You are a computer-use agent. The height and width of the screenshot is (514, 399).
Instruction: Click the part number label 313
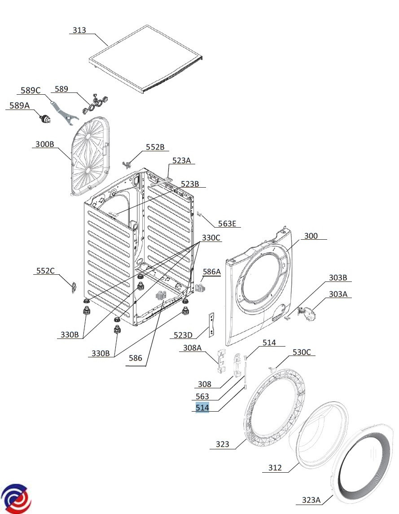tap(79, 31)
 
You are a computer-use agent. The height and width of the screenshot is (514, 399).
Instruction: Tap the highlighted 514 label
tap(202, 408)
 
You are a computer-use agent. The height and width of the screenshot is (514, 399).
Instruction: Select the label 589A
tap(20, 105)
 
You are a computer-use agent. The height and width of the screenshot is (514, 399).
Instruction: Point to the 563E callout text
tap(227, 224)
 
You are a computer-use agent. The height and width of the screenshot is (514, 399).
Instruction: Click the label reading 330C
tap(211, 238)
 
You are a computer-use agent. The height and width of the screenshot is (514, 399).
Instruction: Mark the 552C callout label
tap(45, 271)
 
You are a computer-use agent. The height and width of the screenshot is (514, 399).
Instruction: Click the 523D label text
tap(183, 335)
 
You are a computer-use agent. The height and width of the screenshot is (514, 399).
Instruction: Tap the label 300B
tap(44, 145)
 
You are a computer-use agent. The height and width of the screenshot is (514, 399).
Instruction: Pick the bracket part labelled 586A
tap(200, 286)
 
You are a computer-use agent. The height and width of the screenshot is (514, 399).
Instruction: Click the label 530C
tap(302, 352)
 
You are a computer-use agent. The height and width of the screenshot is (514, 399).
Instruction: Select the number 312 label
tap(275, 468)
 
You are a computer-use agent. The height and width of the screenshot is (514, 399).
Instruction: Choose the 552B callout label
tap(155, 147)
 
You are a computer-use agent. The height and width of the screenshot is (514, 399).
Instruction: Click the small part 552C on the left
tap(73, 286)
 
